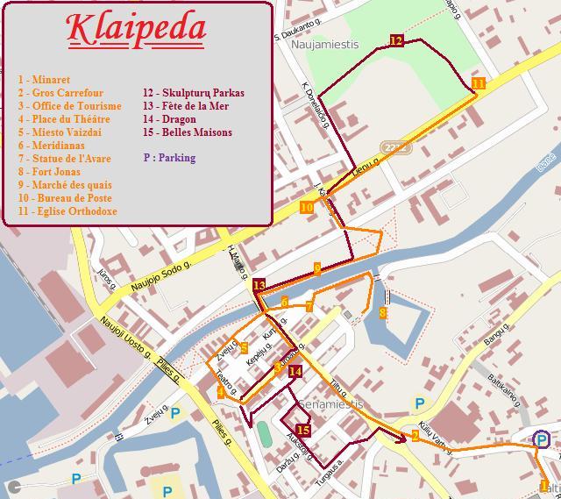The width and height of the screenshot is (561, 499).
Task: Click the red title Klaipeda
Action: (x=137, y=28)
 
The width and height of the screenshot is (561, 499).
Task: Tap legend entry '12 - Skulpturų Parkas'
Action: (x=194, y=93)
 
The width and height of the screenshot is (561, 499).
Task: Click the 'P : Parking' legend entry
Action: (x=169, y=159)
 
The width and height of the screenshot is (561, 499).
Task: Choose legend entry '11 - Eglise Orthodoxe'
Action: (x=67, y=211)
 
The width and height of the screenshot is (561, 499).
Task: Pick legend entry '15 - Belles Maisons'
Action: (x=188, y=132)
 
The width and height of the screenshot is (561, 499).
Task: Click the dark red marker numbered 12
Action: (x=396, y=41)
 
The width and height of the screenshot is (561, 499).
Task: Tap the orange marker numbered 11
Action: (x=478, y=84)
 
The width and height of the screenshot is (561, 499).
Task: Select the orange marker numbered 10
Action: (x=306, y=208)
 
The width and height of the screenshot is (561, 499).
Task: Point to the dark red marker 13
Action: (x=259, y=285)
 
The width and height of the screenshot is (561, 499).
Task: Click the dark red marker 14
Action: (x=295, y=372)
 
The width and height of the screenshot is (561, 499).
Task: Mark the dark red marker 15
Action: (x=303, y=430)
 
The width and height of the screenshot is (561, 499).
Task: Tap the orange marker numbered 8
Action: (x=383, y=312)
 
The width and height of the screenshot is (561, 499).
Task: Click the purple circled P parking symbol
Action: (x=542, y=439)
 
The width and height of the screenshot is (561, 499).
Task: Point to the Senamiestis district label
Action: (x=330, y=404)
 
